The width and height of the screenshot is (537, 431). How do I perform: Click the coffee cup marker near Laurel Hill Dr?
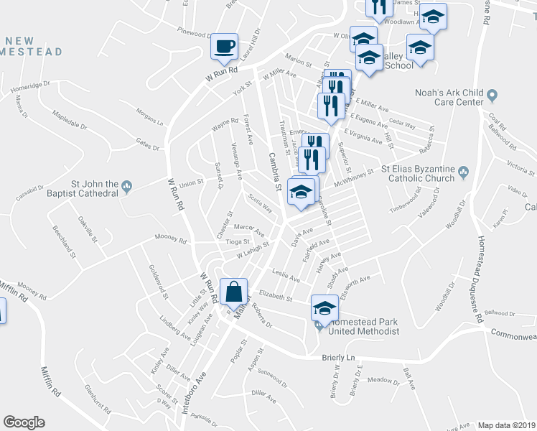point(225,46)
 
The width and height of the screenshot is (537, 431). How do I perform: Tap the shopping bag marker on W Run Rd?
point(234,292)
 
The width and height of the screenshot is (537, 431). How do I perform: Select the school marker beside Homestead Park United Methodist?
point(324,308)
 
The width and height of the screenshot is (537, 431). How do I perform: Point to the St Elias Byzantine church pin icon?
point(463,171)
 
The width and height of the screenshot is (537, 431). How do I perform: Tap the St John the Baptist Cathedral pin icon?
point(127,187)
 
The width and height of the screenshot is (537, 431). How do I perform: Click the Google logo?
point(24,422)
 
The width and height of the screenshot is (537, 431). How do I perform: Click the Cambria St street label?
point(273,171)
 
